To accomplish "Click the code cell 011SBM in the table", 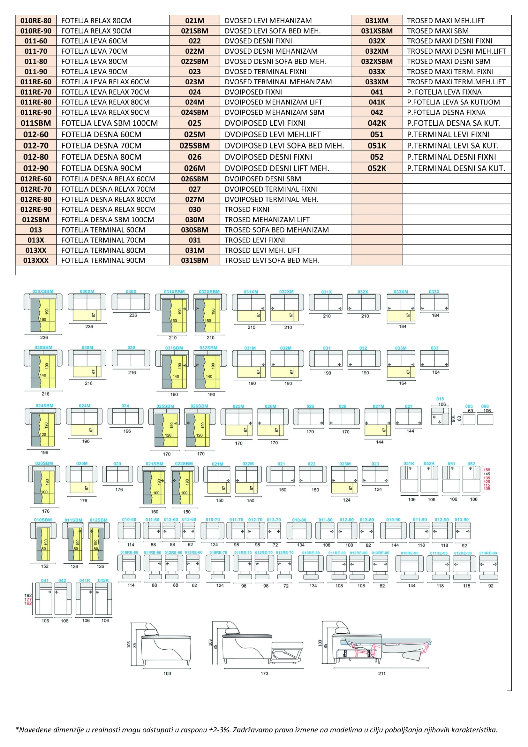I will [x=36, y=123].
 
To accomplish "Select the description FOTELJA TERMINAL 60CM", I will [x=103, y=230].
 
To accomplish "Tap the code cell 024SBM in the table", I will [x=194, y=112].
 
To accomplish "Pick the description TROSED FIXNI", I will [x=247, y=209].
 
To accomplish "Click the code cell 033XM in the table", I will [x=376, y=82].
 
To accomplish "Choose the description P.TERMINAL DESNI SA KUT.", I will [x=456, y=168].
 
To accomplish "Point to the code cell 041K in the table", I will [x=376, y=102].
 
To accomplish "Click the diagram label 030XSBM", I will [x=42, y=292].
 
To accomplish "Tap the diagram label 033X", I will [x=434, y=292].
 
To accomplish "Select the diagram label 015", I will [x=440, y=399].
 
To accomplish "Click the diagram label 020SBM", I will [x=44, y=463].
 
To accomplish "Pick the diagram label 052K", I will [x=429, y=463].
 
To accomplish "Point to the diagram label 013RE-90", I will [x=488, y=553].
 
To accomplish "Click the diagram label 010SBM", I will [x=43, y=520].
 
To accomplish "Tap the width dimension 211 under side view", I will [x=382, y=674].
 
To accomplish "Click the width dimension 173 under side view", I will [x=264, y=674].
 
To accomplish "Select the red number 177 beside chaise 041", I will [x=28, y=599].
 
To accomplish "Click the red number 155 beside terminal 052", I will [x=487, y=470].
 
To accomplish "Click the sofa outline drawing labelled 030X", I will [x=131, y=302].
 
